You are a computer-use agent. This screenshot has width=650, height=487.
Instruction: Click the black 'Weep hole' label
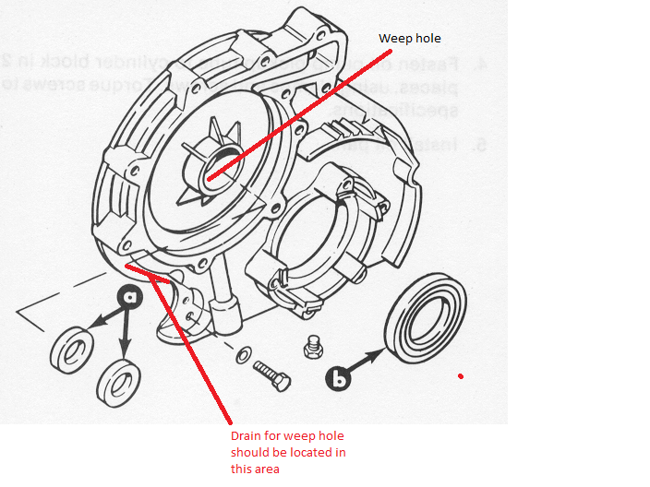point(410,38)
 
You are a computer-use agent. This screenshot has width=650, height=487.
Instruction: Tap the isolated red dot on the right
point(460,376)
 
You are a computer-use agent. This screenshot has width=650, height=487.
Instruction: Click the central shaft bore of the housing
point(208,171)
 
